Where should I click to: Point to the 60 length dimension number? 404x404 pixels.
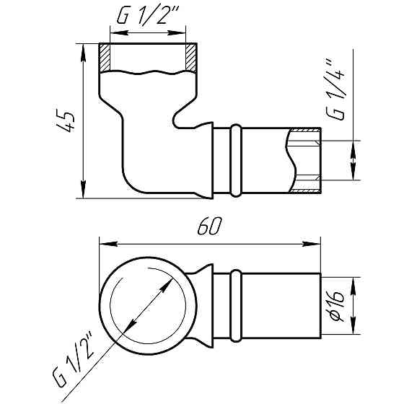207,227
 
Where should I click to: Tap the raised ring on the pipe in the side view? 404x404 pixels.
235,160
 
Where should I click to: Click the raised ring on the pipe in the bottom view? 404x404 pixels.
235,306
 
